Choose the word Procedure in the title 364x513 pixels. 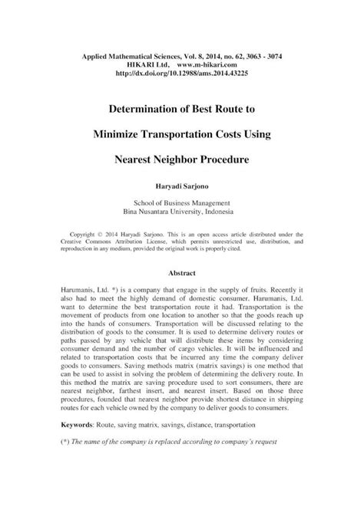(x=230, y=161)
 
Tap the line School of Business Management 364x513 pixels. (x=182, y=203)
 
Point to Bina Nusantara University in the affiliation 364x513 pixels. (x=161, y=213)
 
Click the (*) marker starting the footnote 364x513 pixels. (x=64, y=464)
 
